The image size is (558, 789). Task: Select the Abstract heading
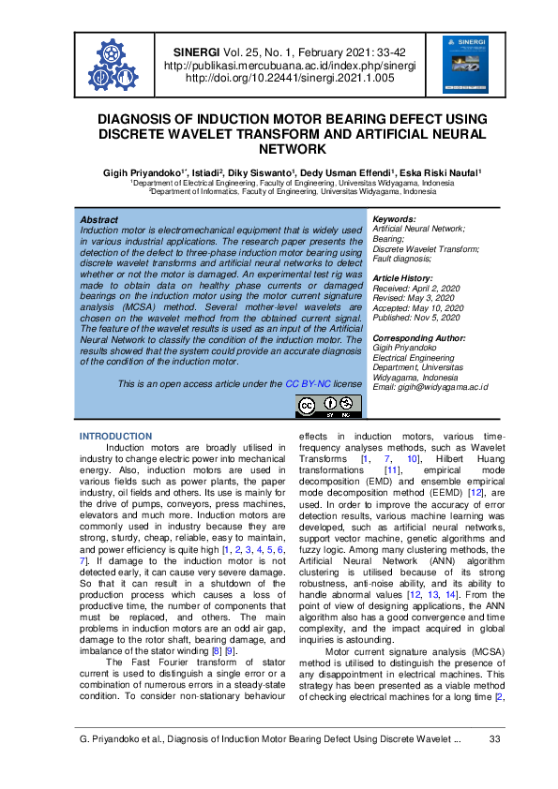coord(99,218)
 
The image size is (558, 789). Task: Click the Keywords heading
coord(394,218)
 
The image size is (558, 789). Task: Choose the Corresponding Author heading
coord(419,337)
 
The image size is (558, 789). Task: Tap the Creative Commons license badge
coord(328,406)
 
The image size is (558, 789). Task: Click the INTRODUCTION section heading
coord(115,437)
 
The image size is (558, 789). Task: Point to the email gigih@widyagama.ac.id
coord(431,387)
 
